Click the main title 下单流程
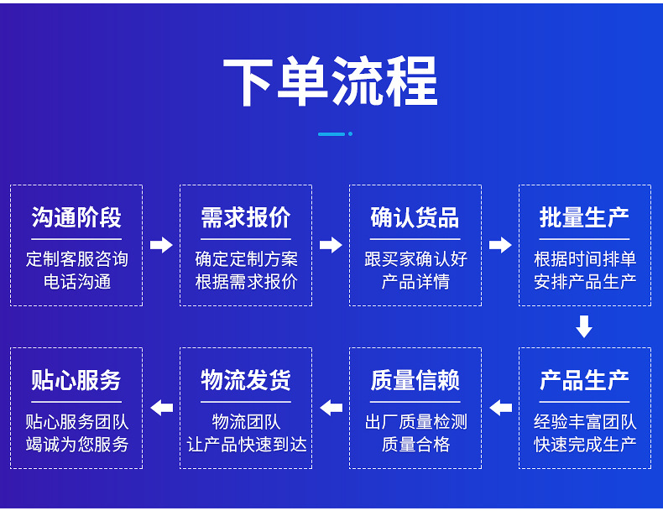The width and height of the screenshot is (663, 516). coord(331,81)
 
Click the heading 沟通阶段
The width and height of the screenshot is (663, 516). coord(76,217)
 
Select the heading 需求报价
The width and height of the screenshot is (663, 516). coord(246,217)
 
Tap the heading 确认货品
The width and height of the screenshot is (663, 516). coord(415,217)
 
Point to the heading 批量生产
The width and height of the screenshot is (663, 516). coord(584,217)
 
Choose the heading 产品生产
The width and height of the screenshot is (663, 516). coord(584,380)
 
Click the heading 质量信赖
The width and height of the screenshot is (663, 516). coord(415,380)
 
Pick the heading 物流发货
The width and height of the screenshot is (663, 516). coord(246,380)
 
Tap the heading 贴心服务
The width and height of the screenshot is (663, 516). coord(76,380)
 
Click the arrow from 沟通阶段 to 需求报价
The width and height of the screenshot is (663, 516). coord(161,245)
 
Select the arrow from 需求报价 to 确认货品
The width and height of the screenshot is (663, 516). coord(331,245)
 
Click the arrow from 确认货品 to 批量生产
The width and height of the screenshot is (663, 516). coord(500,245)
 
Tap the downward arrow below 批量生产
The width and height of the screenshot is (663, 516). coord(584,326)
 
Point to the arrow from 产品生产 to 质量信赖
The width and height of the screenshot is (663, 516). coord(500,408)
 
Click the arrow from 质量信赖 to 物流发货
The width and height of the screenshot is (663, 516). coord(331,408)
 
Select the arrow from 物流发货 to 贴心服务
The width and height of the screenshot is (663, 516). coord(161,408)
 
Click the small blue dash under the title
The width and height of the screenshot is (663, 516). coord(332,133)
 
